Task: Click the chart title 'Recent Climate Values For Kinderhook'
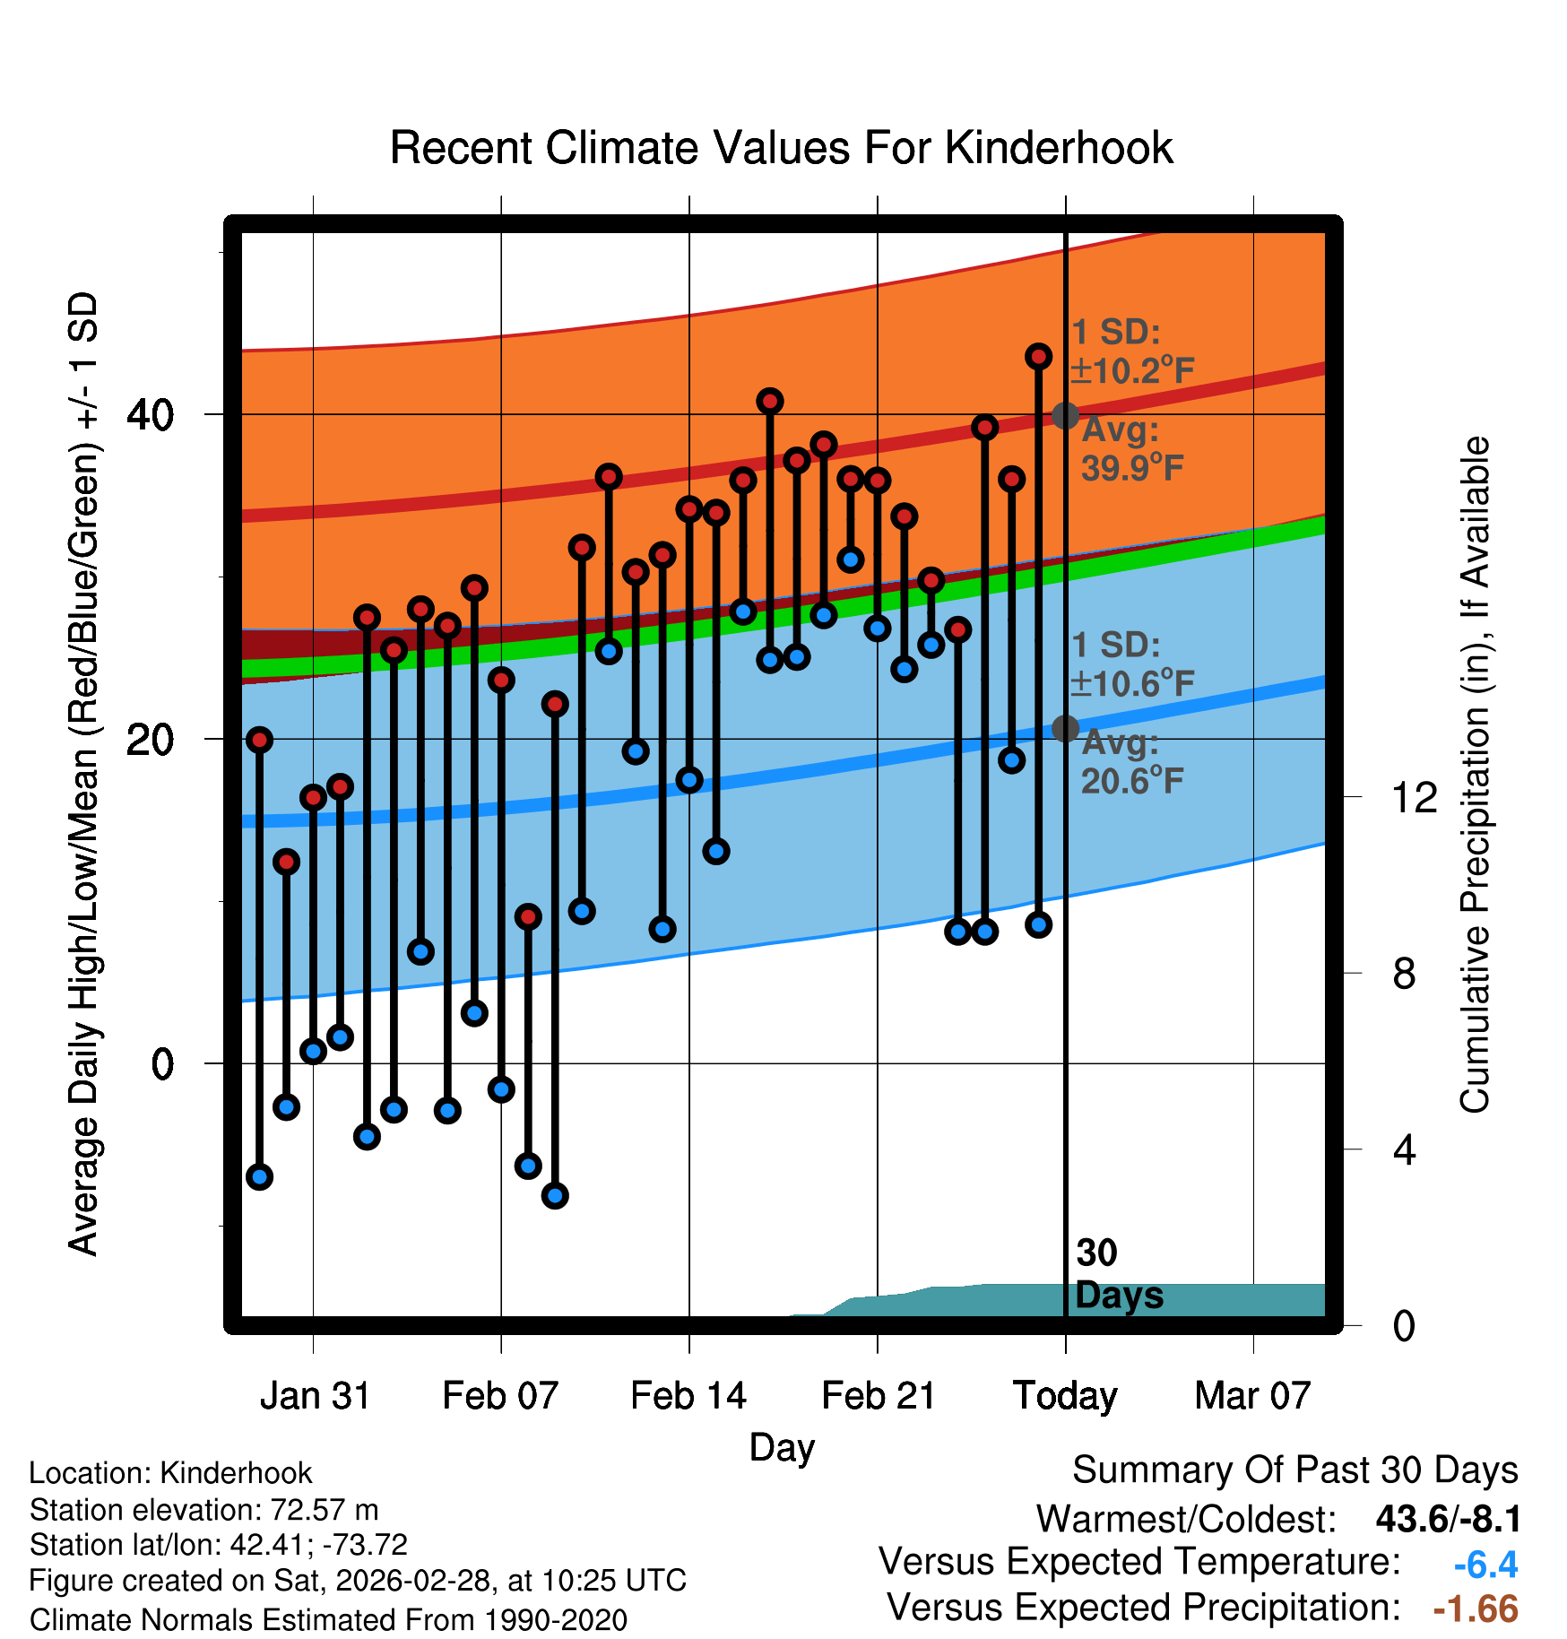pos(781,148)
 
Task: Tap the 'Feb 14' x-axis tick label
pos(688,1396)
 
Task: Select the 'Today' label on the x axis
pos(1065,1396)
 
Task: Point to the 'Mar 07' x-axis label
pos(1252,1396)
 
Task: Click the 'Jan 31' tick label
pos(315,1396)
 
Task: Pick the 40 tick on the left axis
pos(150,415)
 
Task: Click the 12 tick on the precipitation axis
pos(1414,797)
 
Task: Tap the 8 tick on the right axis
pos(1404,974)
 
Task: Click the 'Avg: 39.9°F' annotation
pos(1131,449)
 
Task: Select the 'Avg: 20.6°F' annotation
pos(1131,763)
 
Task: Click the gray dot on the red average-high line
pos(1065,415)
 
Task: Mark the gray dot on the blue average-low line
pos(1065,728)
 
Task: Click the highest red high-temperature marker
pos(1038,357)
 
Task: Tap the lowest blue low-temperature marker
pos(555,1195)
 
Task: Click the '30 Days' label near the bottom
pos(1118,1274)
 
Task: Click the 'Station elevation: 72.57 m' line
pos(203,1510)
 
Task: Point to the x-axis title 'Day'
pos(782,1447)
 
